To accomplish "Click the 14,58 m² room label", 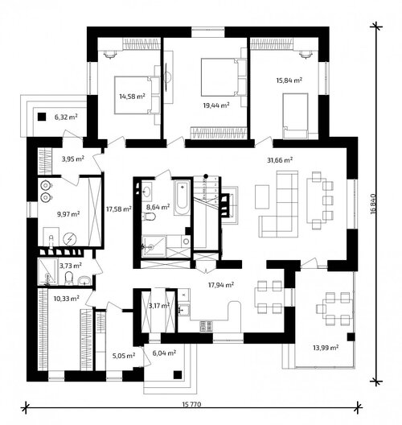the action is (132, 97).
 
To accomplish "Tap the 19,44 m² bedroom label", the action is (216, 105).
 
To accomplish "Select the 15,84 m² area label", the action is (289, 80).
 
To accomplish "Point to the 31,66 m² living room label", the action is (280, 160).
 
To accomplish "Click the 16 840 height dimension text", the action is (374, 204).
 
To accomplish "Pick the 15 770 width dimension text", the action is (191, 404).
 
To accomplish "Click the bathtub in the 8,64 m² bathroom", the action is (183, 197).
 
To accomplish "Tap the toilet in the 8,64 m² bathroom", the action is (149, 217).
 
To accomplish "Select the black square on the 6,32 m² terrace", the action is (42, 117).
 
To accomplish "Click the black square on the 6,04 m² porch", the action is (178, 374).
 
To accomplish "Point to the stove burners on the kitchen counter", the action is (207, 326).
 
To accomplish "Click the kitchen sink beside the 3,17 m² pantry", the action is (184, 310).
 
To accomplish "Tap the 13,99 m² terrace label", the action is (326, 347).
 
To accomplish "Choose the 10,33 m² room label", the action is (66, 299).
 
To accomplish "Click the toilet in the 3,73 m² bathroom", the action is (69, 279).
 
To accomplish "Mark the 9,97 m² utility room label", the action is (68, 214).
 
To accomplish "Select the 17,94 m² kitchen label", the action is (221, 285).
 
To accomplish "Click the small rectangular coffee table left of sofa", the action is (262, 196).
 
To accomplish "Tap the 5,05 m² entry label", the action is (124, 355).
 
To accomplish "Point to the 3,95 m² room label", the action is (73, 159).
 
